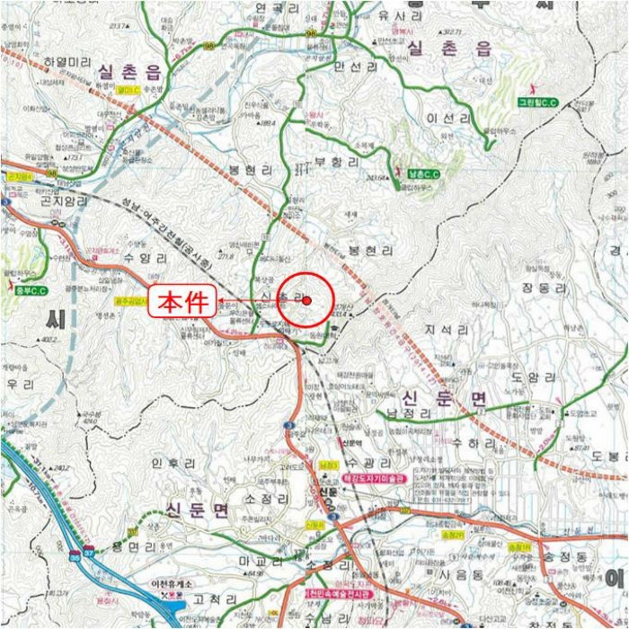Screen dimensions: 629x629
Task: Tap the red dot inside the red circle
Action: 306,301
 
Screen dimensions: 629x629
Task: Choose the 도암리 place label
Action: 528,377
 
